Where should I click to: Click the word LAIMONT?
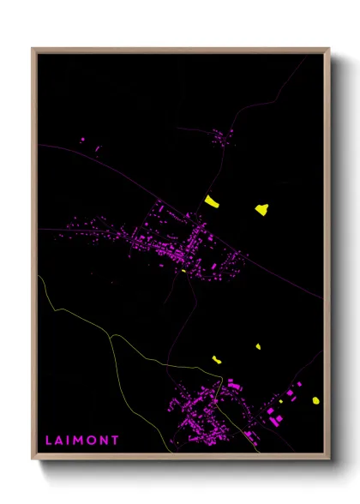(x=82, y=441)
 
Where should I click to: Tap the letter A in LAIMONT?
(x=60, y=441)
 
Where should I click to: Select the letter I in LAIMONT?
(x=69, y=441)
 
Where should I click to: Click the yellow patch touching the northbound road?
(x=212, y=201)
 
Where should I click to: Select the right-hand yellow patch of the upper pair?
(x=261, y=208)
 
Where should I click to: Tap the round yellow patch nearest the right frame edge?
(x=315, y=399)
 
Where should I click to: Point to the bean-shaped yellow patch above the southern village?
(x=217, y=360)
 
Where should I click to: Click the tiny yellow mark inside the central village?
(x=183, y=271)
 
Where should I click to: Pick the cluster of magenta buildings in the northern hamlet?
(x=222, y=136)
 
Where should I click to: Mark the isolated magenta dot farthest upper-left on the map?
(x=82, y=139)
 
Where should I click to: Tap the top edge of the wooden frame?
(x=180, y=50)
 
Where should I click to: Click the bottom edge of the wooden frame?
(x=180, y=457)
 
